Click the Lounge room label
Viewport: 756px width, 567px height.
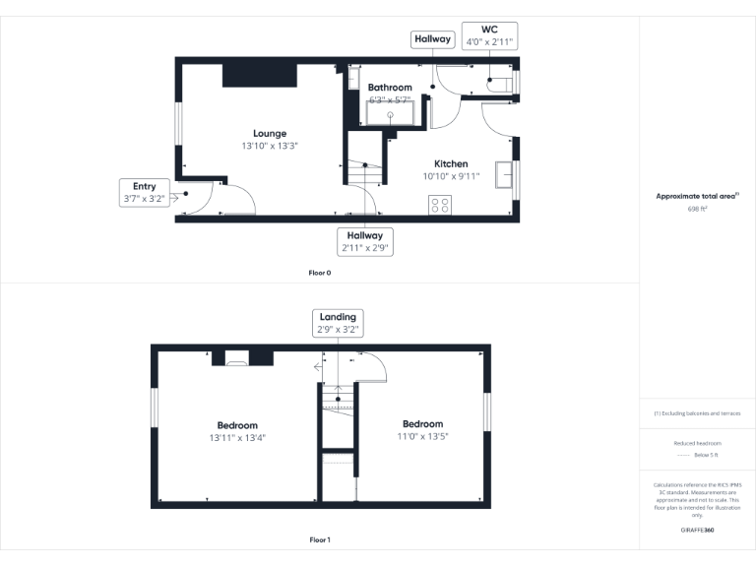coord(270,134)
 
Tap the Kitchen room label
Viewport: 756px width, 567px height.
coord(452,164)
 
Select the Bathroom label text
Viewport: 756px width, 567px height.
coord(390,88)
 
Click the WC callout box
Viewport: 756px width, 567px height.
coord(489,36)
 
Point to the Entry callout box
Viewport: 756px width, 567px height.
coord(145,192)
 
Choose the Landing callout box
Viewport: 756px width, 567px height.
coord(338,323)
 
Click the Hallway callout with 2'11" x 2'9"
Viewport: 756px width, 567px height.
coord(365,242)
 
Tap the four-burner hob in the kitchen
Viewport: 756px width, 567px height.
coord(440,206)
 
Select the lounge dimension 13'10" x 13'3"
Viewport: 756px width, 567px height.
coord(270,146)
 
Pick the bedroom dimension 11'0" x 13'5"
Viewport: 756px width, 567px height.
coord(422,436)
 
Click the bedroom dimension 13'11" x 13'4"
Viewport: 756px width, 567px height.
coord(237,437)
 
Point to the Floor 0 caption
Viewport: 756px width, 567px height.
coord(320,272)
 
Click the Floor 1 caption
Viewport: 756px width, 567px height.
coord(320,539)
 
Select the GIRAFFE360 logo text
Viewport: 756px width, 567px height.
coord(697,531)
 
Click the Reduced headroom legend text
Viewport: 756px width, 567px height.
coord(697,444)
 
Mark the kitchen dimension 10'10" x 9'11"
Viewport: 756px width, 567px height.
coord(452,177)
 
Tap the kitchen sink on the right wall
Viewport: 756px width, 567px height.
coord(505,174)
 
